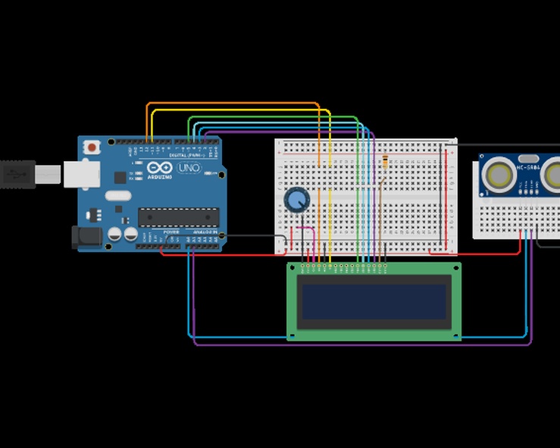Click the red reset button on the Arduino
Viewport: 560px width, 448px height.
point(92,146)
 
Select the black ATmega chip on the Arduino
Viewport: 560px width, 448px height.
point(178,217)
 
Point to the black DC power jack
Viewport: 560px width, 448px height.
point(86,238)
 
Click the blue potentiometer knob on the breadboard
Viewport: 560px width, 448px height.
point(297,200)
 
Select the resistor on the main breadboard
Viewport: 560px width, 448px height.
point(385,162)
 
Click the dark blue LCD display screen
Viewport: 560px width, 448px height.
point(374,301)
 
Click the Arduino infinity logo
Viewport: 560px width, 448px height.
point(163,166)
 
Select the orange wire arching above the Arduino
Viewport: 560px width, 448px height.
point(227,104)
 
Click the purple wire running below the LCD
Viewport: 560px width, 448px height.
point(364,344)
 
